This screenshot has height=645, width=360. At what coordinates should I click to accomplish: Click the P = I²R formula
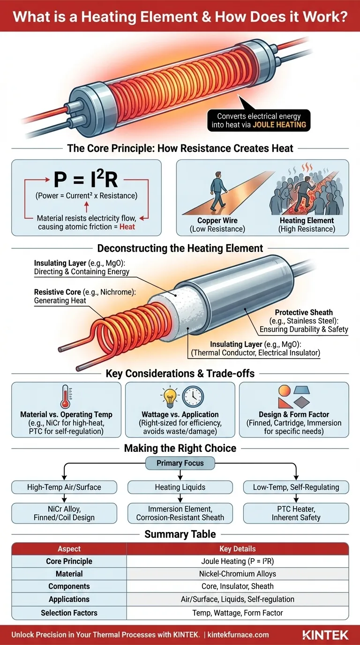(86, 180)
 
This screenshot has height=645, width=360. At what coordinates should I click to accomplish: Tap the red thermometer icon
(66, 397)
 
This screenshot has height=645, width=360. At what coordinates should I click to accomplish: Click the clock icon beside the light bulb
(193, 397)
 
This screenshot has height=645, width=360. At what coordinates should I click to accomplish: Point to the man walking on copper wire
(218, 192)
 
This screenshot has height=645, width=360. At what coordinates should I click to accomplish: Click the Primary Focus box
(180, 464)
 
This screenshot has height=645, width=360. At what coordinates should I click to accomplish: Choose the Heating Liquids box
(180, 487)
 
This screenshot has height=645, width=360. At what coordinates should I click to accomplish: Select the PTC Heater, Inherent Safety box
(296, 513)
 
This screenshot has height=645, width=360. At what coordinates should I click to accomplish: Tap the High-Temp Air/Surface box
(64, 487)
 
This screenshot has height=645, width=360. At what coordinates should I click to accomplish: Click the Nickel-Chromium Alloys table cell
(237, 574)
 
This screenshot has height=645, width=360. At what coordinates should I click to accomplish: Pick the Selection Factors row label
(69, 613)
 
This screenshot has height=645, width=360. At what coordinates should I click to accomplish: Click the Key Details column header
(237, 549)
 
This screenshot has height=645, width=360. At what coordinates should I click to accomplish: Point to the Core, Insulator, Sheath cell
(237, 586)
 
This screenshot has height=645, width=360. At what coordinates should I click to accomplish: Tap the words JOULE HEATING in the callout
(279, 125)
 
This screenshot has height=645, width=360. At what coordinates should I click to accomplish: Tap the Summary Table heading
(180, 534)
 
